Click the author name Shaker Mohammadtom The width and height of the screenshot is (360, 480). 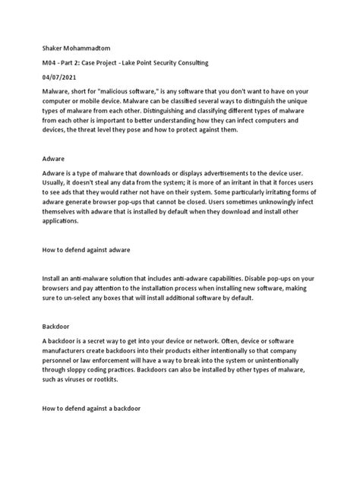point(72,45)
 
